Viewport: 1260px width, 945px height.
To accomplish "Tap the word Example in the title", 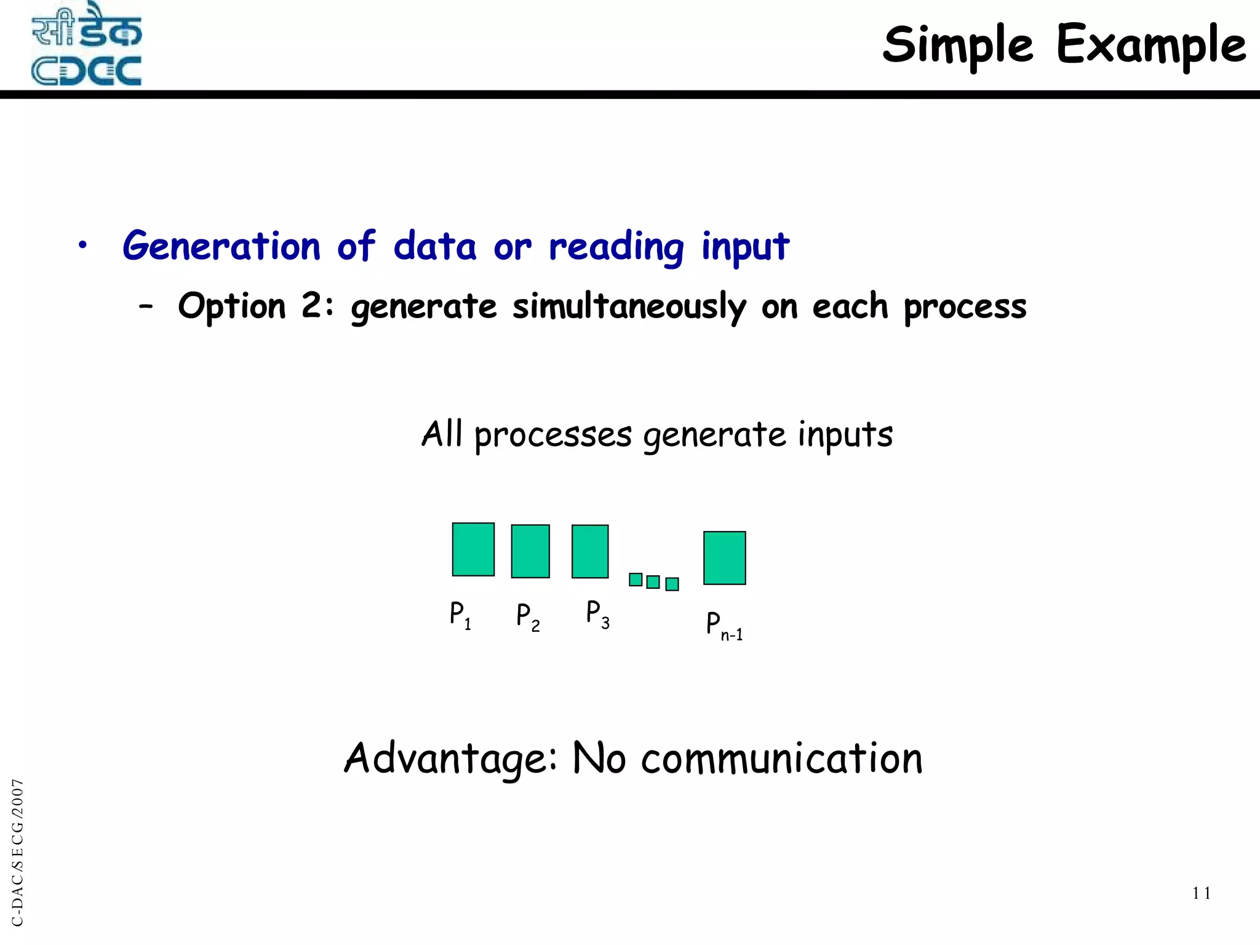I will (1150, 46).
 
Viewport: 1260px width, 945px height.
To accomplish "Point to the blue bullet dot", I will (82, 246).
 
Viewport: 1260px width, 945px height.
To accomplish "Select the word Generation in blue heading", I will (221, 246).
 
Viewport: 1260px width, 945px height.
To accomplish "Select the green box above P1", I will (473, 549).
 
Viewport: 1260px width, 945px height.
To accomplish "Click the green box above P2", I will (530, 551).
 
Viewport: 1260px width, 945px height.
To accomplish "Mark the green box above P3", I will (590, 551).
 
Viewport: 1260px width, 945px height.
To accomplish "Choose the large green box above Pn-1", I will (725, 558).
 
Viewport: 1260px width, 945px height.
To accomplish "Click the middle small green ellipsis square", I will (653, 582).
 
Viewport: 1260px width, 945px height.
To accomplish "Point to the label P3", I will (597, 615).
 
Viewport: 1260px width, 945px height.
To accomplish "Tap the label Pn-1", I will (724, 626).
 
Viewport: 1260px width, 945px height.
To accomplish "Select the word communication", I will (781, 759).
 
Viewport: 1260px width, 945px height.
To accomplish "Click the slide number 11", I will (1201, 893).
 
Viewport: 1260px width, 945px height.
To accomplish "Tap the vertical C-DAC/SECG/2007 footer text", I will (18, 852).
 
